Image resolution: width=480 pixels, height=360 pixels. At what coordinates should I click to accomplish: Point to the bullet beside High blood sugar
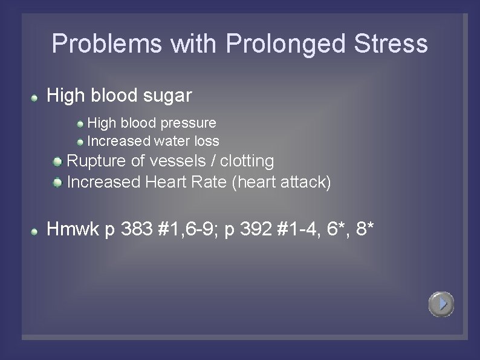36,97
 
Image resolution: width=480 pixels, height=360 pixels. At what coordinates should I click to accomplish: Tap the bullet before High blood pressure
80,124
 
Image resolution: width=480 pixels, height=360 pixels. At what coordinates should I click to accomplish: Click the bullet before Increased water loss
80,142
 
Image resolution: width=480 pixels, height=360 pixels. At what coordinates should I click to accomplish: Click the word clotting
247,161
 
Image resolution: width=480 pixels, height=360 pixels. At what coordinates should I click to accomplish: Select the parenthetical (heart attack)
281,182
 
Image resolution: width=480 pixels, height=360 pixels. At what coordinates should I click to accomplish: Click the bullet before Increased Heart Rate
57,182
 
